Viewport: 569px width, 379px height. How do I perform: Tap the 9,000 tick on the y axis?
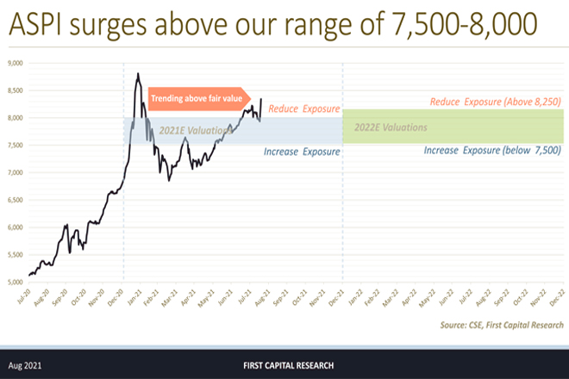[x=15, y=63]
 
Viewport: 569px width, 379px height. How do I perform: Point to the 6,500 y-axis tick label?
[x=15, y=200]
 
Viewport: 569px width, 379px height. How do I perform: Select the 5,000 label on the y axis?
[x=15, y=282]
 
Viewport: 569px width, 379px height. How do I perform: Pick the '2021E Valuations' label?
[x=195, y=131]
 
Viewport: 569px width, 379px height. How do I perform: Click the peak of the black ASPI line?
[x=138, y=74]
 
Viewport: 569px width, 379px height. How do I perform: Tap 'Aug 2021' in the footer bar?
[x=27, y=365]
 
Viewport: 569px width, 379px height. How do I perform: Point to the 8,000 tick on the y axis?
[x=15, y=118]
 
